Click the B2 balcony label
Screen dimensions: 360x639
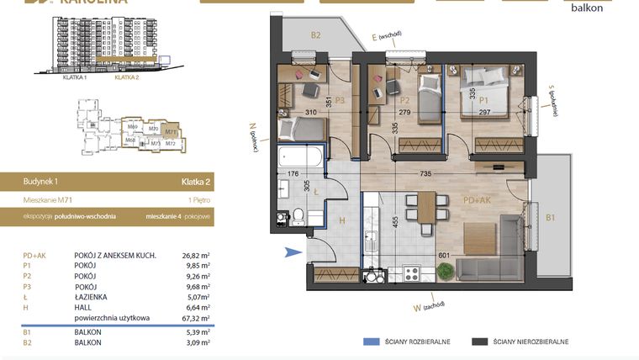[316, 35]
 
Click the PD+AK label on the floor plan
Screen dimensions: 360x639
[476, 201]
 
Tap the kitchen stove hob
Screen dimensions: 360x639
[413, 273]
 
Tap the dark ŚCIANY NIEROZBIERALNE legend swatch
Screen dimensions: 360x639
[480, 341]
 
